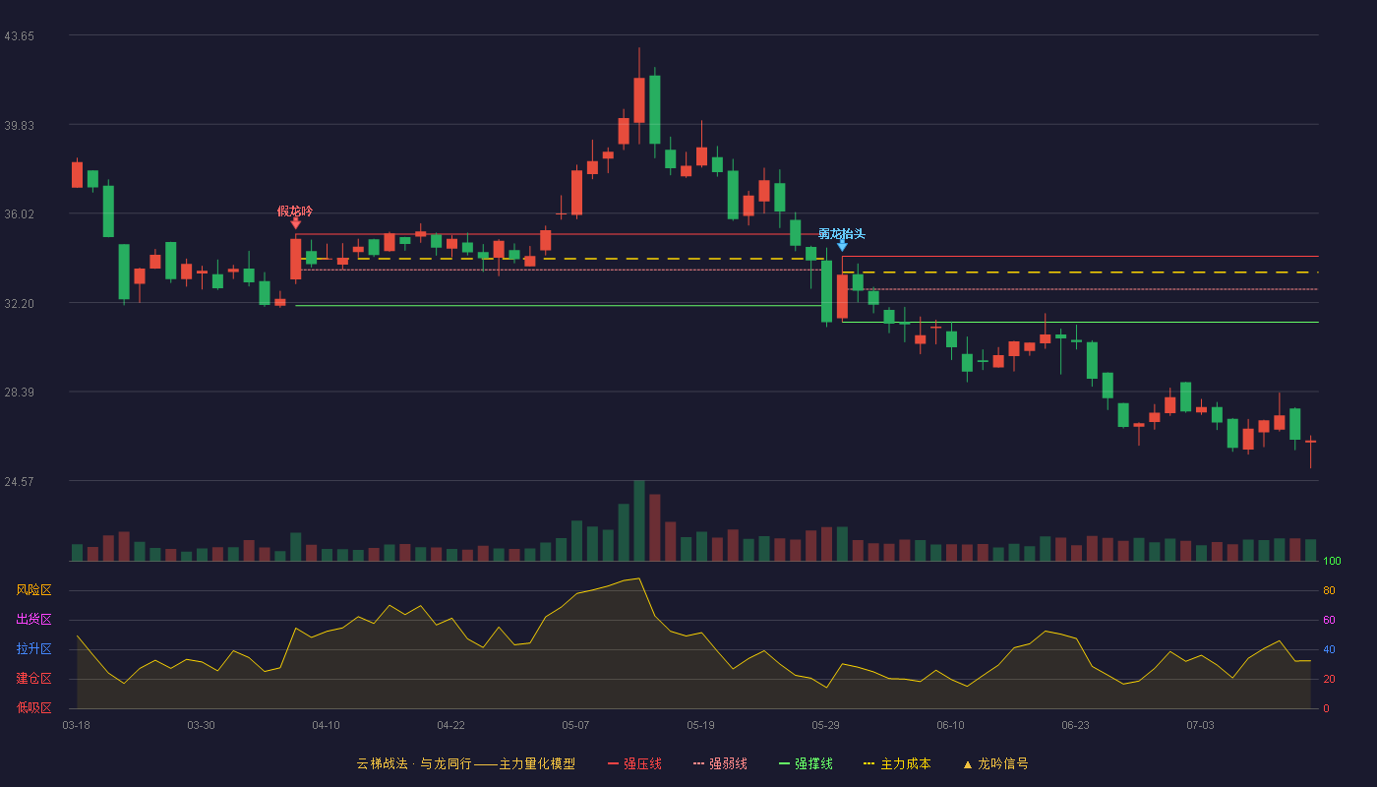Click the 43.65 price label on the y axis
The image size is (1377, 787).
pos(19,36)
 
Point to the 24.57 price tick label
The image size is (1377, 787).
pos(19,481)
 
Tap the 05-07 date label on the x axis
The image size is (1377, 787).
pos(575,726)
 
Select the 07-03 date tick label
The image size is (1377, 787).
pos(1200,726)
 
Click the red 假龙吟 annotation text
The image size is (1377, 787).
pos(295,212)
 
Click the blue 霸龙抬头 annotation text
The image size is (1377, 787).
pos(842,234)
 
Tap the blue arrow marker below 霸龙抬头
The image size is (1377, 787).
pos(842,246)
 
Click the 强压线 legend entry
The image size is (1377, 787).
pos(635,763)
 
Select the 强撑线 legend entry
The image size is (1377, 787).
pos(806,763)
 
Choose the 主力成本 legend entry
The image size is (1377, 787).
pos(897,763)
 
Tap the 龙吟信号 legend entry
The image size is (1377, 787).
pos(995,763)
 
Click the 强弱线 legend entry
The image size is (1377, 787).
pos(720,763)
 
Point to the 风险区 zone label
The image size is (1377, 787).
pos(33,590)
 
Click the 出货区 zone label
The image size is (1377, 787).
pos(33,619)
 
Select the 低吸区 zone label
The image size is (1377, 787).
pos(33,707)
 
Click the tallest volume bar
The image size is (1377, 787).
pos(639,520)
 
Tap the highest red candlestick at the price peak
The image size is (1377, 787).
pos(639,100)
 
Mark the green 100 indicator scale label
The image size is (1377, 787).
pos(1332,561)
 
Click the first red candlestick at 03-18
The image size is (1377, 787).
pos(77,175)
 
